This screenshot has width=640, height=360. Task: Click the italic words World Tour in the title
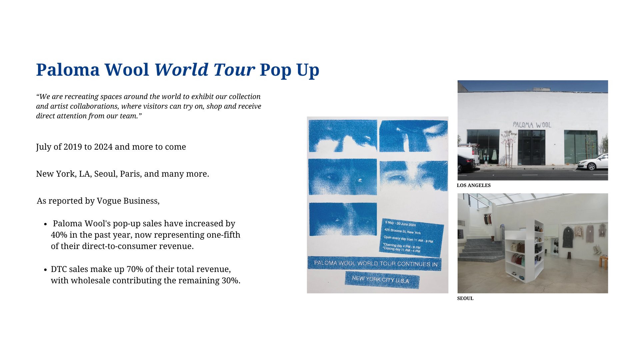click(204, 70)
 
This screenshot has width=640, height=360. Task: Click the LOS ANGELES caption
click(474, 185)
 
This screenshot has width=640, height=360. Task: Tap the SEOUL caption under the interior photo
click(465, 298)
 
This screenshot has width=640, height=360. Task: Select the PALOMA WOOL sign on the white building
click(532, 125)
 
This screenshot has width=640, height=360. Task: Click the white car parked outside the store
click(593, 162)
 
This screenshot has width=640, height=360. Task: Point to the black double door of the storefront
click(531, 148)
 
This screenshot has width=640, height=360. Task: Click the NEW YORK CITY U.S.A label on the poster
click(382, 280)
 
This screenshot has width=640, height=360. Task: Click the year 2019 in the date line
click(73, 147)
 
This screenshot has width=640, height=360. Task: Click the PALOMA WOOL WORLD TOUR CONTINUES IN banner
click(375, 263)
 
